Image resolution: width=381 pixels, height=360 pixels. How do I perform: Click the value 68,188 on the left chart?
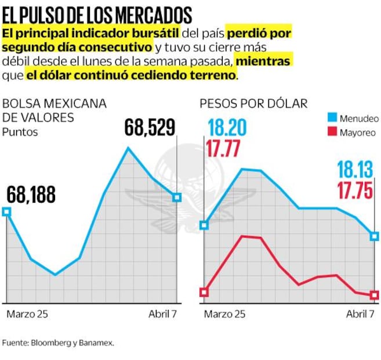31,195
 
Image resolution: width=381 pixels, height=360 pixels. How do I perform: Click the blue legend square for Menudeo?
333,118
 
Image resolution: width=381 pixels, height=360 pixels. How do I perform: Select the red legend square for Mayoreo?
333,132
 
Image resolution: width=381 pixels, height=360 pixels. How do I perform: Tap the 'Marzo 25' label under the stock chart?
27,314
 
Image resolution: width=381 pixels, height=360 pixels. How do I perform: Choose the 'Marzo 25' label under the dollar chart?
224,314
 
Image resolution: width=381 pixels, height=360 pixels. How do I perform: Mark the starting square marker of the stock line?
6,212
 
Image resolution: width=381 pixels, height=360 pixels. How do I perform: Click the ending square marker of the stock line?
177,198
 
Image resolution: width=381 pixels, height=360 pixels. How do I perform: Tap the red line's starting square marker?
204,292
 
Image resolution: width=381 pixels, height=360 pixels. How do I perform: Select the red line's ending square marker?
375,295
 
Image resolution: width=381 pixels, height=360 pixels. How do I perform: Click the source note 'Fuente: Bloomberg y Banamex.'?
58,343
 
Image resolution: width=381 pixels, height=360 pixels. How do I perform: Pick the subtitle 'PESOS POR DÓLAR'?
253,103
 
